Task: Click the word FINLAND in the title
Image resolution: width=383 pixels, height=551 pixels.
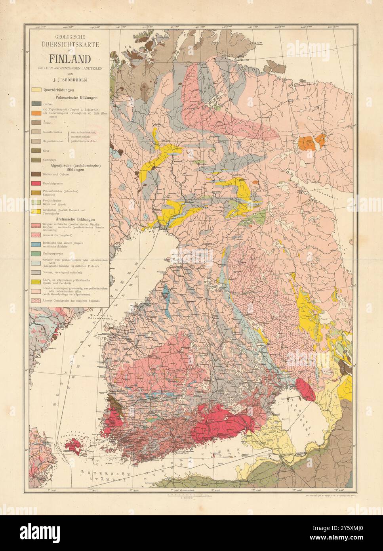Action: pyautogui.click(x=69, y=59)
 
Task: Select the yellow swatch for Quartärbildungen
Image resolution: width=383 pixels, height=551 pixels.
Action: pyautogui.click(x=36, y=90)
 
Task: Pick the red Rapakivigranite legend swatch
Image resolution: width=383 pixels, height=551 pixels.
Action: pyautogui.click(x=36, y=183)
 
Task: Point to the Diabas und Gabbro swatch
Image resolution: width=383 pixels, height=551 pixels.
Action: pyautogui.click(x=36, y=173)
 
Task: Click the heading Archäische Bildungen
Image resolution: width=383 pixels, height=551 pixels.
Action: pyautogui.click(x=70, y=219)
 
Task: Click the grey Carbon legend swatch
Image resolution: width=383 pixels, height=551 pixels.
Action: pyautogui.click(x=36, y=104)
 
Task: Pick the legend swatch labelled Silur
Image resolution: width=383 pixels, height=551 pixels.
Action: pyautogui.click(x=36, y=151)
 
